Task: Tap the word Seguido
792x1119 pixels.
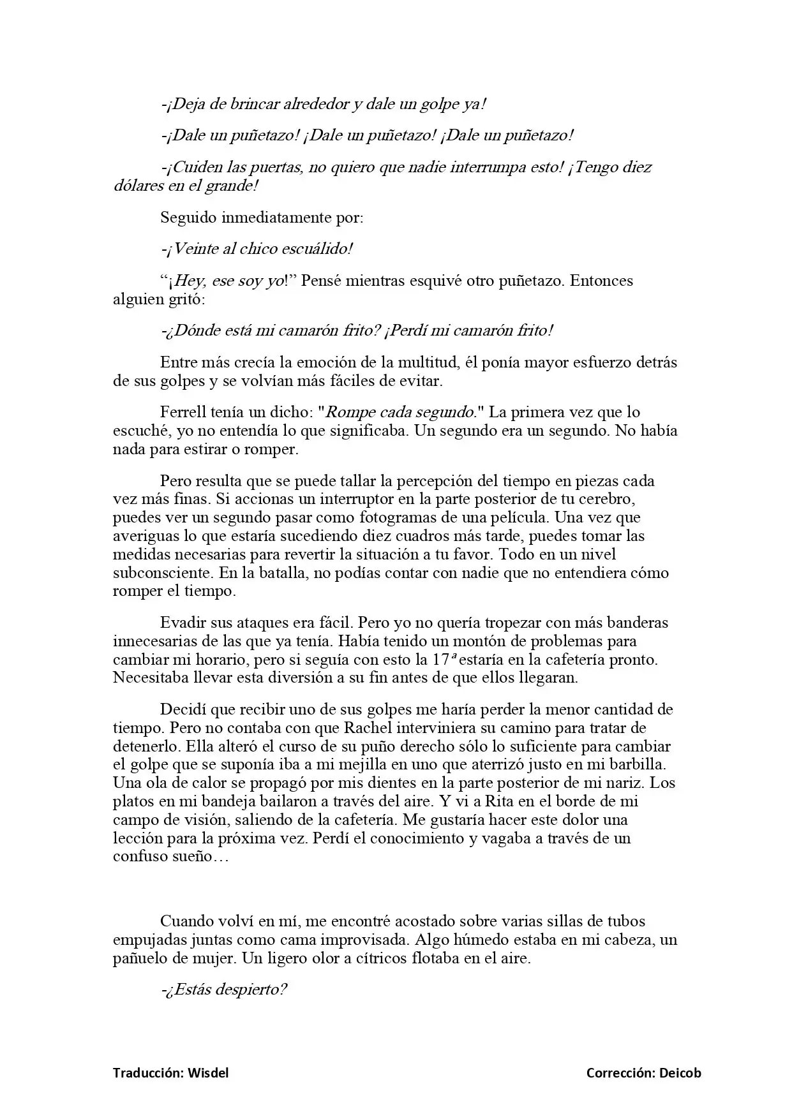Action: [x=188, y=218]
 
